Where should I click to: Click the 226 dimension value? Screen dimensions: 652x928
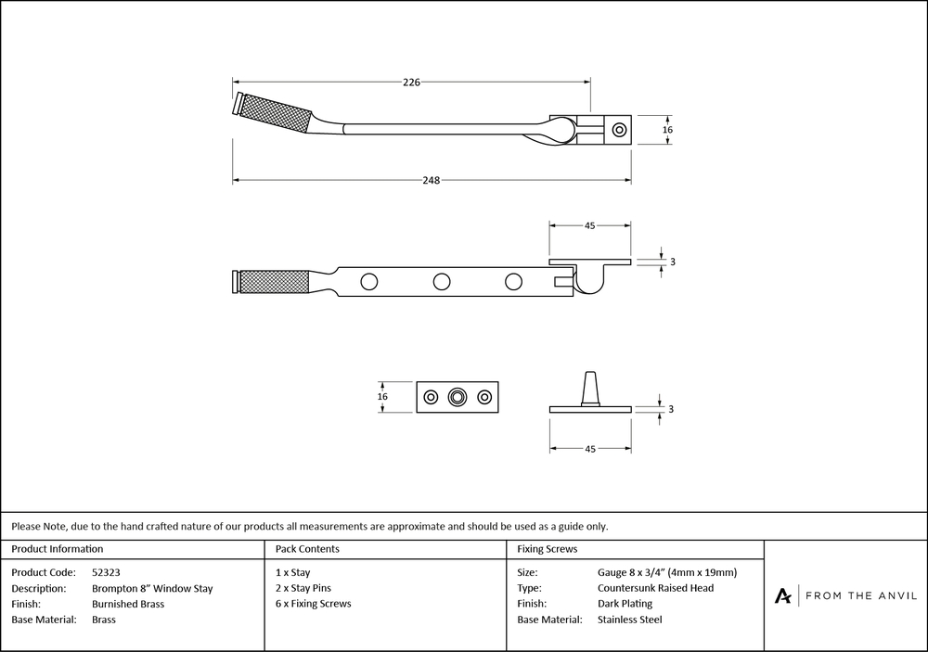[x=411, y=83]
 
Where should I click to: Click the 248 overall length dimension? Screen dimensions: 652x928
[x=430, y=180]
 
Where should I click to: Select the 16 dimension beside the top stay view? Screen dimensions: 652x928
[x=667, y=131]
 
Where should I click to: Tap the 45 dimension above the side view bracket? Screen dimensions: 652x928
[x=589, y=225]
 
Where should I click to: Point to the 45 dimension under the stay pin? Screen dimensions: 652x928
[x=589, y=449]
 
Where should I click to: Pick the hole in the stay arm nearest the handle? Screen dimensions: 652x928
[x=369, y=280]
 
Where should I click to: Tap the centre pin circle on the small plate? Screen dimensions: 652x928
[x=458, y=397]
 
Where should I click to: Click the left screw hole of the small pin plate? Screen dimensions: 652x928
[x=430, y=397]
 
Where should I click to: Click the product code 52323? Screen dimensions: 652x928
[x=107, y=572]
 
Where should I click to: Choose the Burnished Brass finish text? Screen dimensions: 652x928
[x=128, y=604]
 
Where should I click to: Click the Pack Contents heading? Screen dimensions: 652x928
[x=307, y=549]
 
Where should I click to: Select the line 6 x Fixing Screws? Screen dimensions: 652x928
[x=314, y=604]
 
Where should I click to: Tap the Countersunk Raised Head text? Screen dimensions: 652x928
[x=656, y=588]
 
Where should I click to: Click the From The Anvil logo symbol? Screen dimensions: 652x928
[x=783, y=595]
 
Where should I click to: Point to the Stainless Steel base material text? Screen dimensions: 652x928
[x=630, y=620]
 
